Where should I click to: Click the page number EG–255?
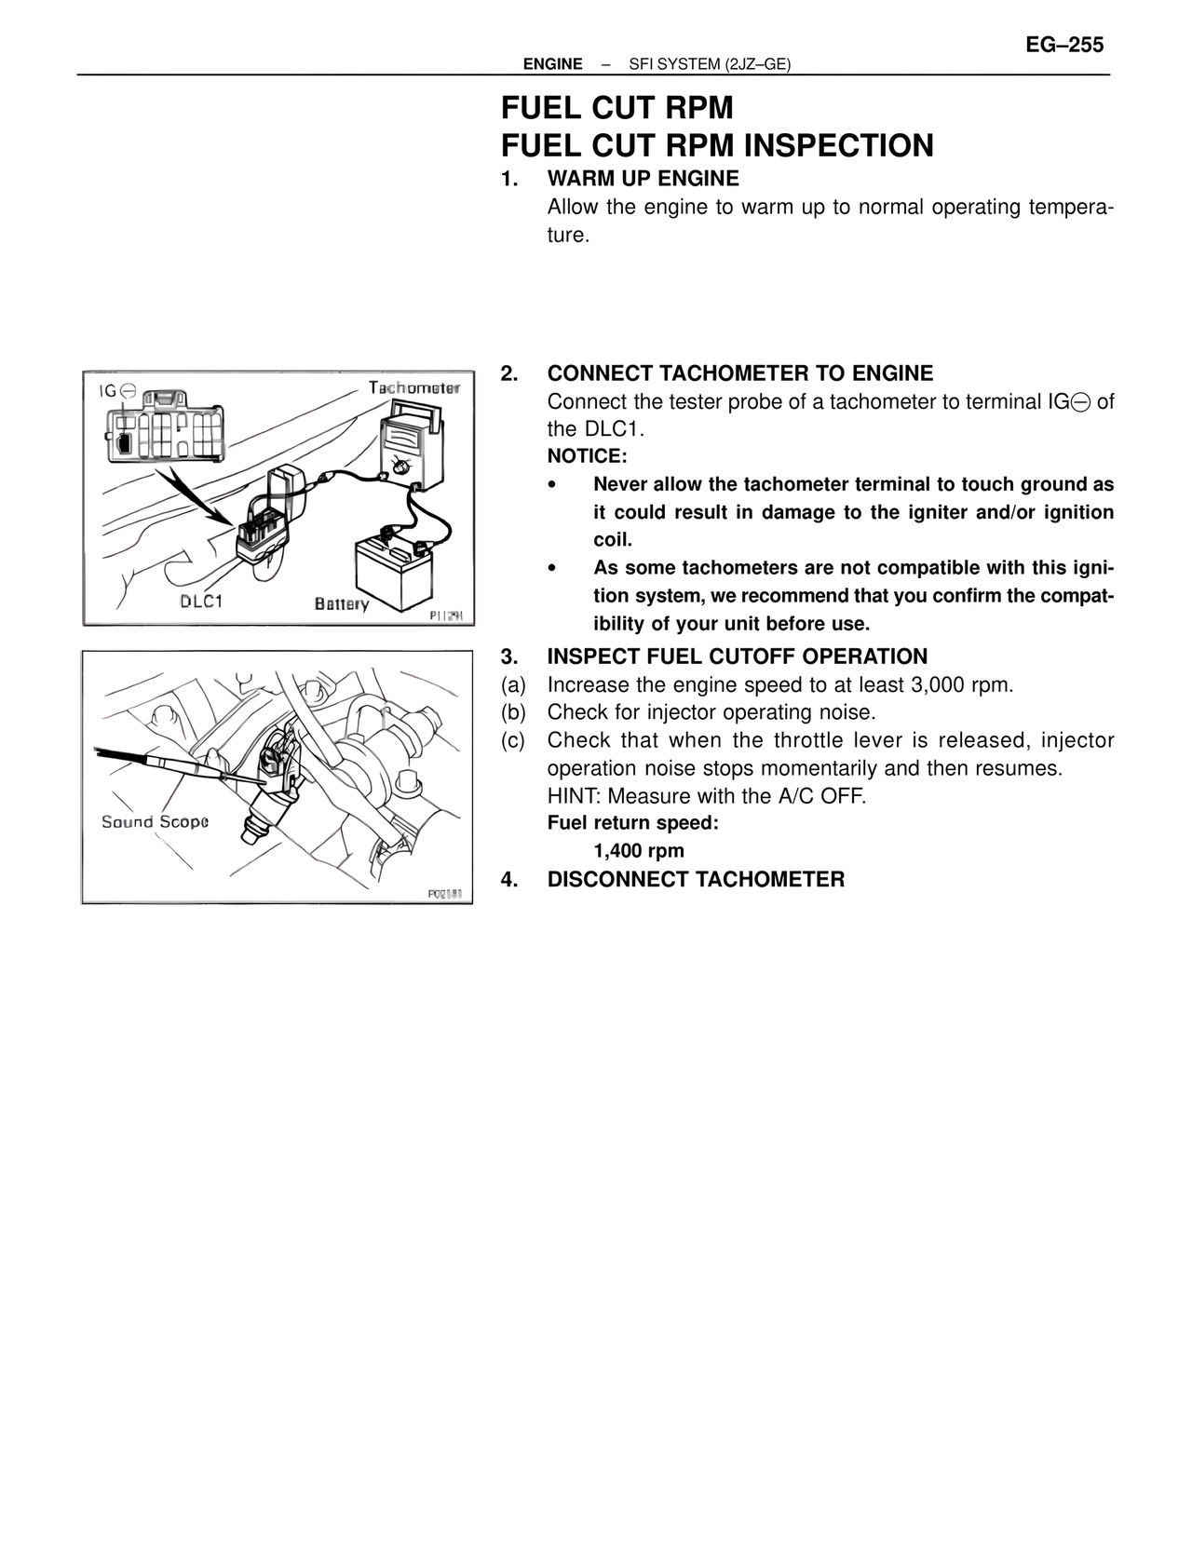pyautogui.click(x=1064, y=45)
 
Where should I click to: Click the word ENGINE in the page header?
pyautogui.click(x=552, y=64)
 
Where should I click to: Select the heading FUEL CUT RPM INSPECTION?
pyautogui.click(x=717, y=146)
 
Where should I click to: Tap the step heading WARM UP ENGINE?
pyautogui.click(x=643, y=178)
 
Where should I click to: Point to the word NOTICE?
pyautogui.click(x=587, y=456)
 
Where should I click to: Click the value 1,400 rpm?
pyautogui.click(x=639, y=851)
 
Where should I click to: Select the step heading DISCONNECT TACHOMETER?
pyautogui.click(x=696, y=880)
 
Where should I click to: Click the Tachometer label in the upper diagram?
pyautogui.click(x=413, y=387)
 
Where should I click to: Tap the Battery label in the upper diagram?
pyautogui.click(x=342, y=603)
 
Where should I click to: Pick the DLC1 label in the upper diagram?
pyautogui.click(x=201, y=601)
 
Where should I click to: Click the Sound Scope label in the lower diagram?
pyautogui.click(x=155, y=821)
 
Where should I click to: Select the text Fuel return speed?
pyautogui.click(x=632, y=823)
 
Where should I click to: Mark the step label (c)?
pyautogui.click(x=513, y=741)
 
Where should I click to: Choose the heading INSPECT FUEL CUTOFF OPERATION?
pyautogui.click(x=737, y=656)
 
